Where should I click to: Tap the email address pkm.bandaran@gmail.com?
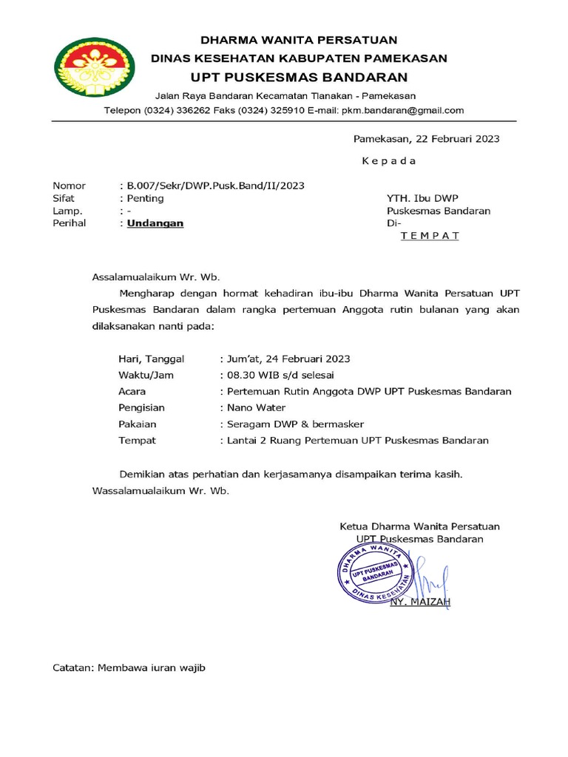pos(402,111)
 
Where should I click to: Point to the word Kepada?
pos(388,161)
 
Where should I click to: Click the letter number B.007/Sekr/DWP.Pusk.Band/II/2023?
pos(215,186)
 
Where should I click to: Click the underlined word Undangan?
pos(155,223)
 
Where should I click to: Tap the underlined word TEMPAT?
pos(430,236)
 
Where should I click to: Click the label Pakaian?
pos(138,424)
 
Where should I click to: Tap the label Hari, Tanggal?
pos(151,359)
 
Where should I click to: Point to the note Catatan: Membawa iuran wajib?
pos(128,668)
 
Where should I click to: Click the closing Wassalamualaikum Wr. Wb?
pos(160,491)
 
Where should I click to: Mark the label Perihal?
pos(70,223)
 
